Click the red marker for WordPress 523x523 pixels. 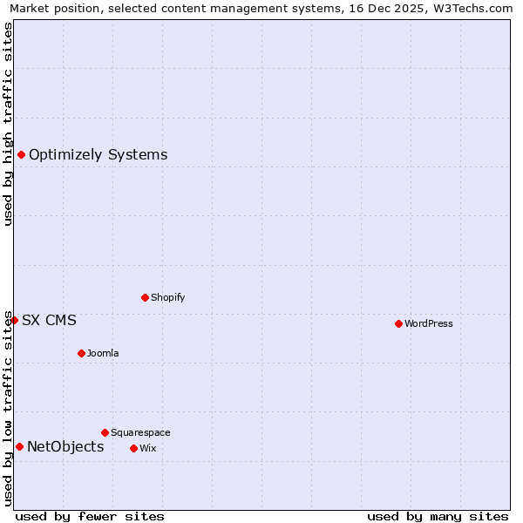click(x=398, y=323)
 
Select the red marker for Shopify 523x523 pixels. click(x=145, y=297)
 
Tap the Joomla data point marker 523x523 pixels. click(x=81, y=353)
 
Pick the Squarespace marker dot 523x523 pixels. click(x=105, y=432)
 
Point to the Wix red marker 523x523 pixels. click(x=133, y=448)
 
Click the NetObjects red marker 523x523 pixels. click(x=19, y=447)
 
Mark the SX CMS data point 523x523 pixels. click(x=14, y=320)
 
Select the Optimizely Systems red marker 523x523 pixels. click(x=21, y=154)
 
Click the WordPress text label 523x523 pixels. click(x=429, y=323)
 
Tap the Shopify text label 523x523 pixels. click(x=168, y=297)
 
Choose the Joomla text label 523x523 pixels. click(x=103, y=353)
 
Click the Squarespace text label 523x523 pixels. click(x=140, y=432)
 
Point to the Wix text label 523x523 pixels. click(x=147, y=448)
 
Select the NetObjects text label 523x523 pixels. click(x=65, y=447)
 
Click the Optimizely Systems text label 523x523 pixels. click(x=98, y=155)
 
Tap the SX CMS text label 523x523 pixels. click(x=49, y=321)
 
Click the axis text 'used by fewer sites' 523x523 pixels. click(x=90, y=516)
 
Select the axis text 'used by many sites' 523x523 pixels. click(x=438, y=516)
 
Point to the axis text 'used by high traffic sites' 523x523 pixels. click(x=9, y=124)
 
